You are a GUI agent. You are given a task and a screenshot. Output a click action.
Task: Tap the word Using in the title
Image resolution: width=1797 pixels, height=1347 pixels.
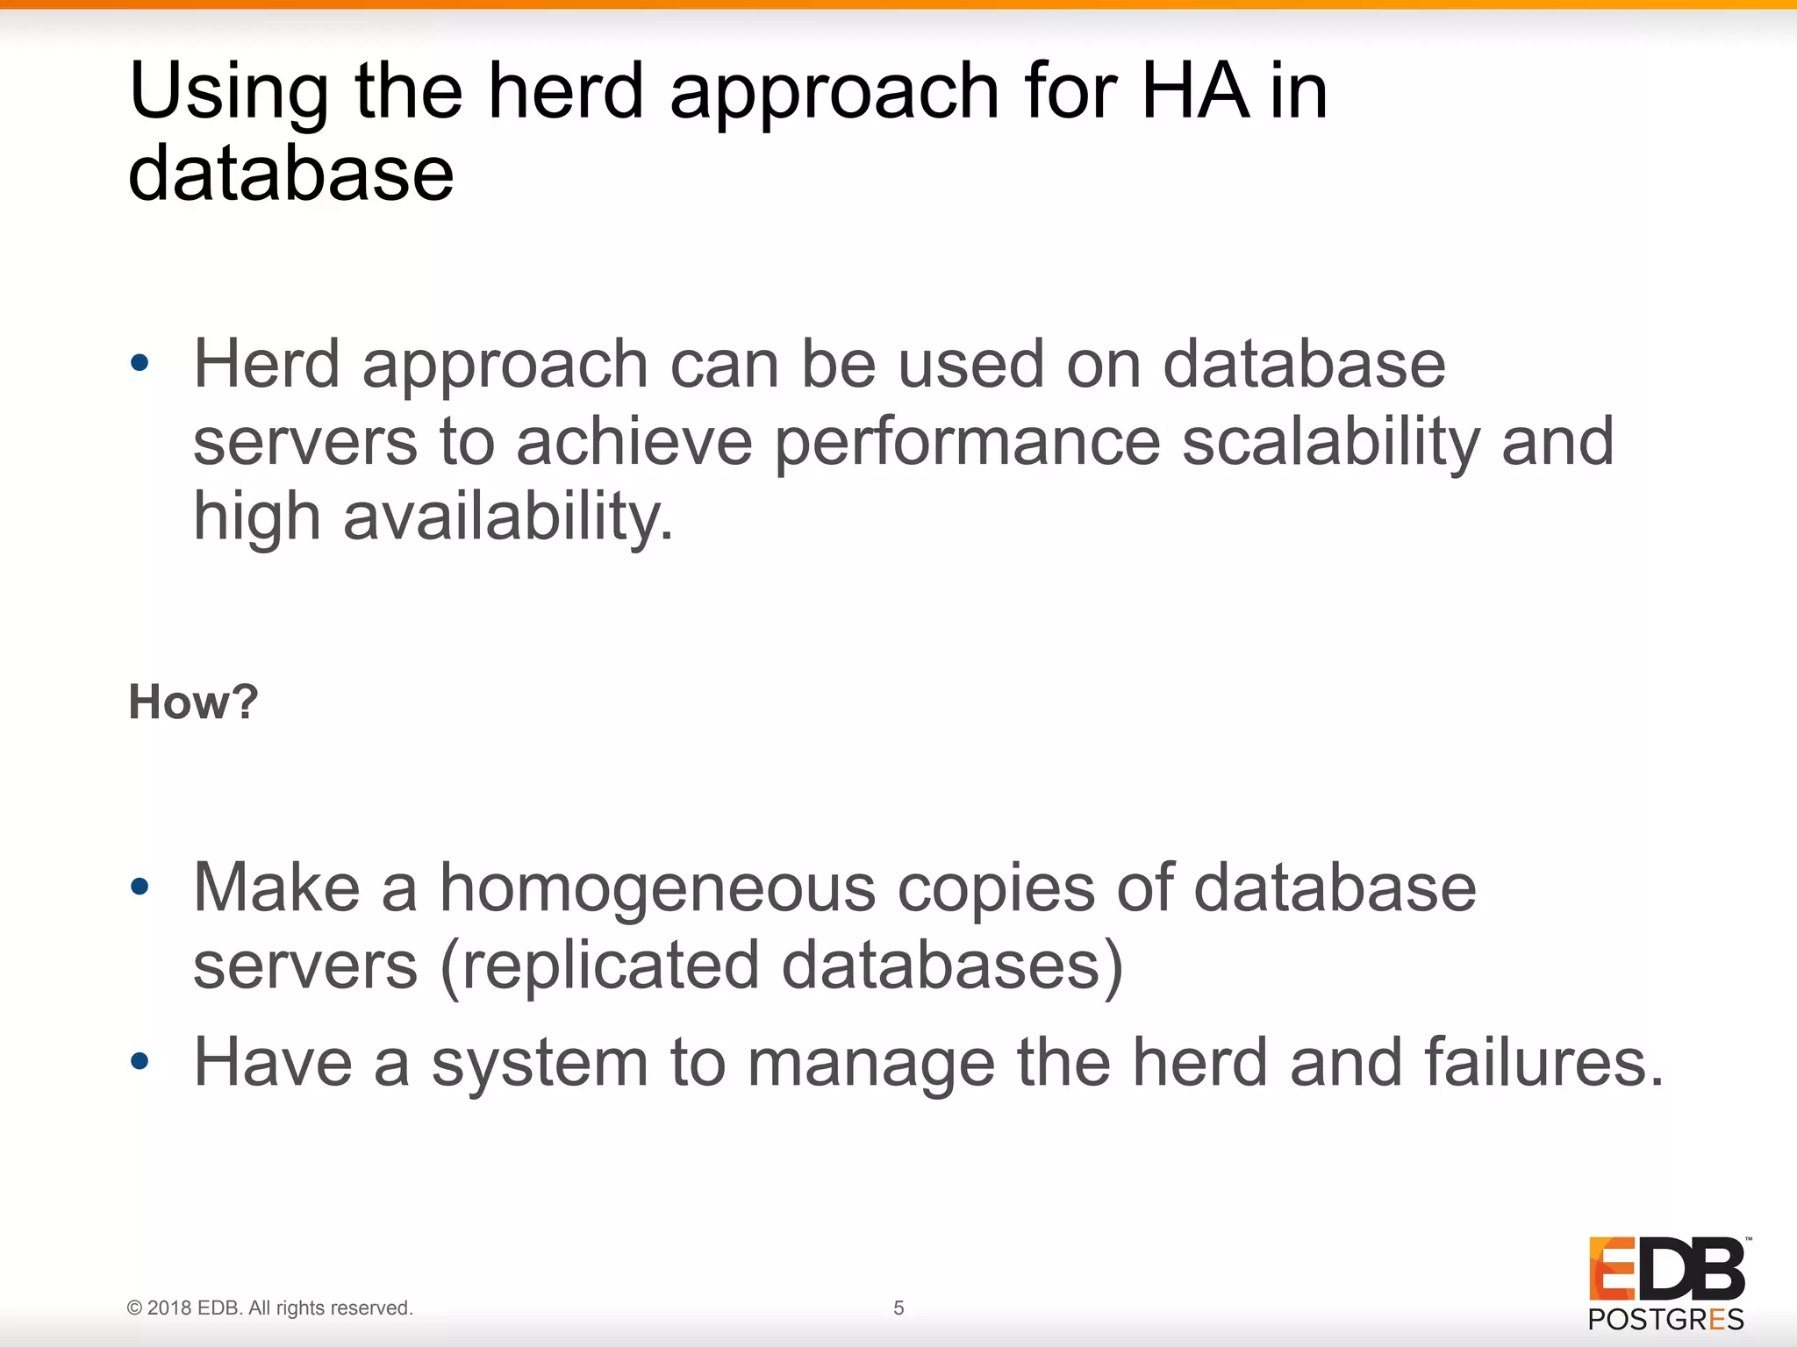(228, 92)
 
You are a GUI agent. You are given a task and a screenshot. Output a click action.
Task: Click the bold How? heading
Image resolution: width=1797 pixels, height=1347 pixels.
(193, 702)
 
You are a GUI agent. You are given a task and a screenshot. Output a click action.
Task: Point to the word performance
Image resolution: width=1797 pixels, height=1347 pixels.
(967, 444)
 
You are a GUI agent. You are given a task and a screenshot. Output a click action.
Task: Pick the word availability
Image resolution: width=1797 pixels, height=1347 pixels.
(508, 517)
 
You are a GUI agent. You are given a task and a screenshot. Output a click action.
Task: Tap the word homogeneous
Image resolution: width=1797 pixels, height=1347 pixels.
(657, 889)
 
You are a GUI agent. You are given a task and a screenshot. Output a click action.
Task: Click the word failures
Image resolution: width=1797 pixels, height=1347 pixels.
(1543, 1062)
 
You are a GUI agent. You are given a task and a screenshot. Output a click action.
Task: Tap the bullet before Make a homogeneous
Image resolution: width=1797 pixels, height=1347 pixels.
(140, 887)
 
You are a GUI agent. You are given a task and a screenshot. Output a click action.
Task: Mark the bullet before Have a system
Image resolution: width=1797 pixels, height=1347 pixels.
(140, 1062)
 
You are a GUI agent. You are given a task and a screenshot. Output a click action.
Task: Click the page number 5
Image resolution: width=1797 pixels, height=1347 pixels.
(898, 1308)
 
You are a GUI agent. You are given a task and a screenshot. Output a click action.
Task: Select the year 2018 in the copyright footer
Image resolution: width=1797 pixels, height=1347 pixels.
(169, 1308)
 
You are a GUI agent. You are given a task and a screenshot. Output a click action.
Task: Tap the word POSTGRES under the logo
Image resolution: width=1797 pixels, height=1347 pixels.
(1665, 1320)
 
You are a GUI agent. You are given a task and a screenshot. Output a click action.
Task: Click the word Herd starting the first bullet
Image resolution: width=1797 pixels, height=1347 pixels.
(266, 364)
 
